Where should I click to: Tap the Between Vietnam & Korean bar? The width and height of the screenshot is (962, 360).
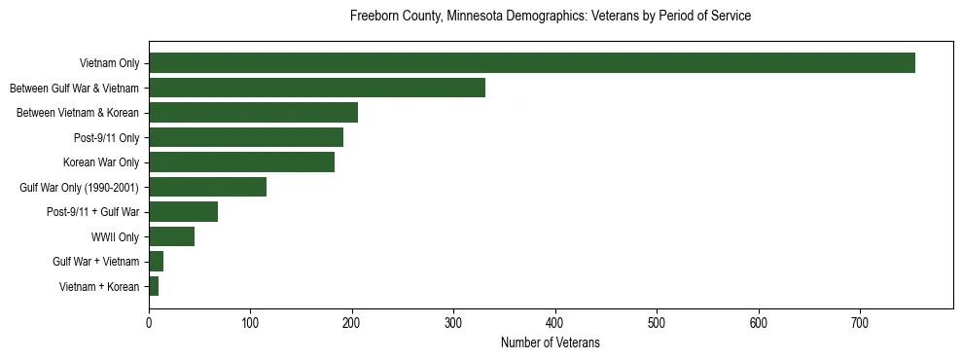pos(253,113)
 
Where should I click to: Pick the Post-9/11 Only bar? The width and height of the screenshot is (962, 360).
pos(245,137)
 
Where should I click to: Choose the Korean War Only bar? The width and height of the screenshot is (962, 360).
pos(241,162)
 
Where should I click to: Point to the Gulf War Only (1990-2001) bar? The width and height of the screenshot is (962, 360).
pos(207,187)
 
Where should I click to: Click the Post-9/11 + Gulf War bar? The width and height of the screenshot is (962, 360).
pos(183,212)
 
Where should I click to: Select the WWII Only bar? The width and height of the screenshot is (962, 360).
pos(171,236)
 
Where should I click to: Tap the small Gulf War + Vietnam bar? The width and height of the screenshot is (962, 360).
pos(156,262)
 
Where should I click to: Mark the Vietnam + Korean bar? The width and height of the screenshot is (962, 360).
pos(154,286)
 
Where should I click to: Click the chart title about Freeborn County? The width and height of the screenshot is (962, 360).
pos(550,17)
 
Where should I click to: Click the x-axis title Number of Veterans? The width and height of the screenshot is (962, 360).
pos(550,343)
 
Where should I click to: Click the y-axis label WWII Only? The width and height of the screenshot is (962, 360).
pos(115,236)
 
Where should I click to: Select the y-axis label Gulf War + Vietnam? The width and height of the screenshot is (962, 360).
pos(95,262)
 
